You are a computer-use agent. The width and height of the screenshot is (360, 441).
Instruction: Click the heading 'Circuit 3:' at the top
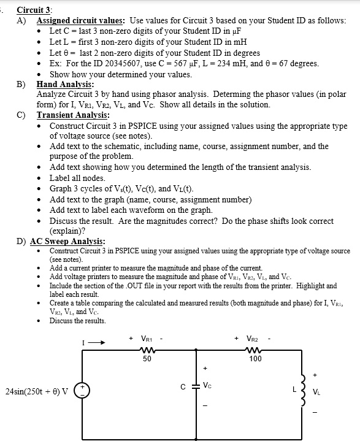coord(34,10)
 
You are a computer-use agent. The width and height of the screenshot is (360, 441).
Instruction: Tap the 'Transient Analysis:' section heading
coord(73,115)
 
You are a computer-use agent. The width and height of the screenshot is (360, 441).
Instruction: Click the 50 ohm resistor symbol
coord(148,351)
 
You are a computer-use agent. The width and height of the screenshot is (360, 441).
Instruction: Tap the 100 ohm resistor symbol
coord(255,351)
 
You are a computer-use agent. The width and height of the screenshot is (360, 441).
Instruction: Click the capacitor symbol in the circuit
coord(196,387)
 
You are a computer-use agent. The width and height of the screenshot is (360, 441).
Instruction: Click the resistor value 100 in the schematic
coord(255,359)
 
